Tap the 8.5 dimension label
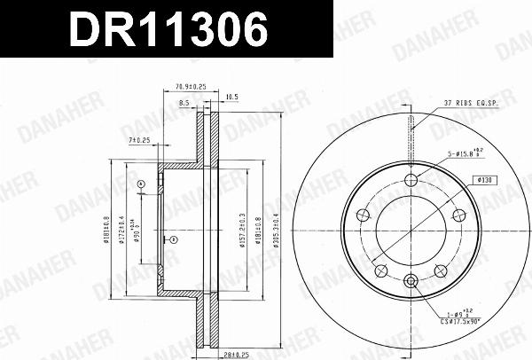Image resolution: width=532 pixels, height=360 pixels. tap(184, 104)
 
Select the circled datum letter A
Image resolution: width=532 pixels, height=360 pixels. tap(141, 184)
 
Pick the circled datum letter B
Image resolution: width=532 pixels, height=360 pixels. tap(174, 239)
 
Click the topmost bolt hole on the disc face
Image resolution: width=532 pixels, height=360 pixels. tap(410, 181)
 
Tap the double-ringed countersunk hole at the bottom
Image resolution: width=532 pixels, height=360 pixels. tap(410, 282)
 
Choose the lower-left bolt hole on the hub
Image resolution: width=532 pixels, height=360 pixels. tap(380, 271)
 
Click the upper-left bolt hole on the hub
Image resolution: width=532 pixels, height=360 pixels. tap(363, 215)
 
